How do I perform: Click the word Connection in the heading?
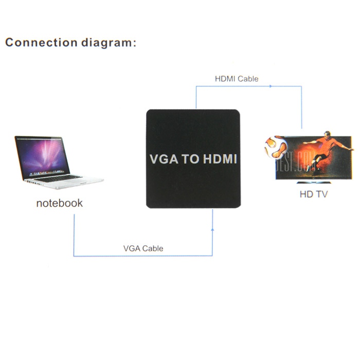pos(41,43)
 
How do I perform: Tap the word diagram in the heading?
pos(106,44)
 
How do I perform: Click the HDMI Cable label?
pos(237,79)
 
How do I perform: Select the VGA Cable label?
pos(143,248)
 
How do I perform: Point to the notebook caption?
pos(60,203)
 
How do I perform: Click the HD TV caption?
pos(314,194)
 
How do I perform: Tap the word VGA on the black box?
pos(164,159)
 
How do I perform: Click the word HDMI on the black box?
pos(220,159)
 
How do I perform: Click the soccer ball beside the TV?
pos(276,148)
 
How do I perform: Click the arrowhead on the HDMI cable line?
pos(271,86)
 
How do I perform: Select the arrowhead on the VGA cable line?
pos(212,229)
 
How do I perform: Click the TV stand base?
pos(314,183)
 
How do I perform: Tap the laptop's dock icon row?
pos(47,172)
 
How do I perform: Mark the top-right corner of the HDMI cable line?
pos(301,86)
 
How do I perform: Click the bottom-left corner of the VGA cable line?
pos(74,256)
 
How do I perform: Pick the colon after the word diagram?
pos(134,43)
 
